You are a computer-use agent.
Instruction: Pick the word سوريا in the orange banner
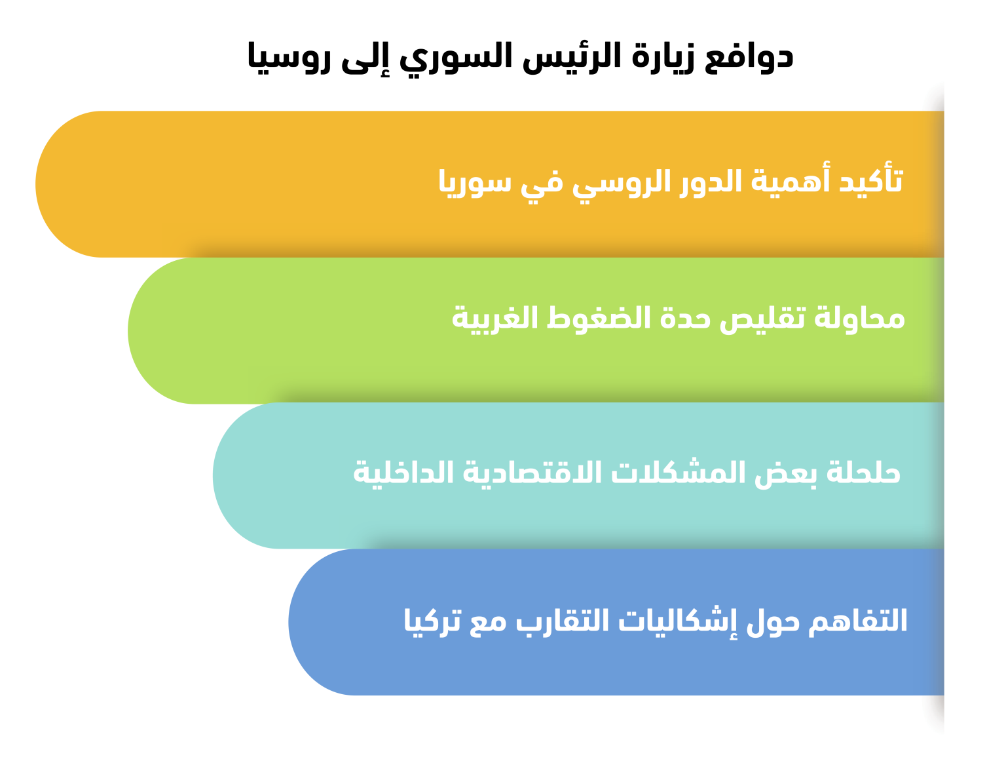pyautogui.click(x=474, y=183)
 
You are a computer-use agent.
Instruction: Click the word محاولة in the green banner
pyautogui.click(x=859, y=317)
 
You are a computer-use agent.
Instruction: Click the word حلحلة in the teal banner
pyautogui.click(x=863, y=473)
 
